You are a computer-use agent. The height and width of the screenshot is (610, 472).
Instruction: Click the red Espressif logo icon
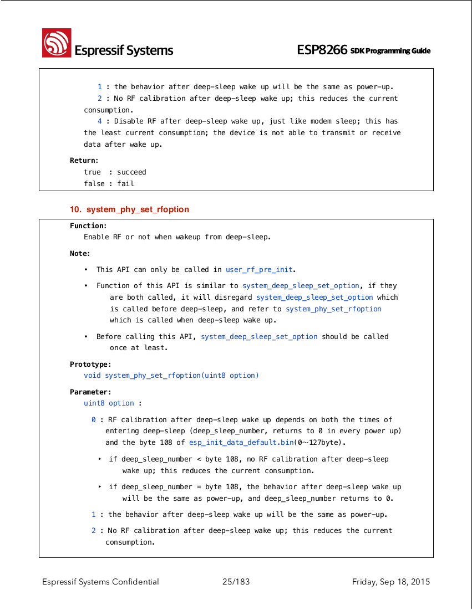pyautogui.click(x=57, y=43)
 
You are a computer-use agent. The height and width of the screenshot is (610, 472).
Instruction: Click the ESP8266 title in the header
pyautogui.click(x=322, y=50)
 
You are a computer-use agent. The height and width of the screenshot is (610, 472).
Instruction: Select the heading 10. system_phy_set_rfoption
pyautogui.click(x=129, y=209)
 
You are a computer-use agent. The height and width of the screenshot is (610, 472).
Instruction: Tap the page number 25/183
pyautogui.click(x=236, y=582)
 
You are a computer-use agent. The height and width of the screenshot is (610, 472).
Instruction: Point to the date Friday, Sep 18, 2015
pyautogui.click(x=390, y=582)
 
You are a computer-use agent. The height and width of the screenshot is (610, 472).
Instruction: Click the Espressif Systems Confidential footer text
pyautogui.click(x=100, y=582)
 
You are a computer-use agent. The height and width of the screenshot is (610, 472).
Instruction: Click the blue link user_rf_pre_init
pyautogui.click(x=259, y=270)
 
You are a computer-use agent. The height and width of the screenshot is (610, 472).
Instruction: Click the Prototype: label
pyautogui.click(x=90, y=365)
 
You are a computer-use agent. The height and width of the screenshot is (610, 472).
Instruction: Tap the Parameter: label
pyautogui.click(x=90, y=392)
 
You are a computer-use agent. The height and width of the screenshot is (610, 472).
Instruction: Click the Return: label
pyautogui.click(x=84, y=161)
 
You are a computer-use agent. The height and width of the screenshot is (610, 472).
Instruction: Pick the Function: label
pyautogui.click(x=88, y=225)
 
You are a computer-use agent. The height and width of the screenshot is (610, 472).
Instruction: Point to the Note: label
pyautogui.click(x=80, y=254)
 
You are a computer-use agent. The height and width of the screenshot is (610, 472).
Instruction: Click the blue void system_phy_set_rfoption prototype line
pyautogui.click(x=171, y=376)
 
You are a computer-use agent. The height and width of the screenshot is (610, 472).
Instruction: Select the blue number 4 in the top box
pyautogui.click(x=100, y=121)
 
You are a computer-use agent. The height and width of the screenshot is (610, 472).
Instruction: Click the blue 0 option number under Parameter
pyautogui.click(x=94, y=420)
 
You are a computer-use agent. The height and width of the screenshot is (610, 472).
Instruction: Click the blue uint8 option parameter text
pyautogui.click(x=109, y=403)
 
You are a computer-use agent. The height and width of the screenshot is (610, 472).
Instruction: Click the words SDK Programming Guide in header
pyautogui.click(x=390, y=51)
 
